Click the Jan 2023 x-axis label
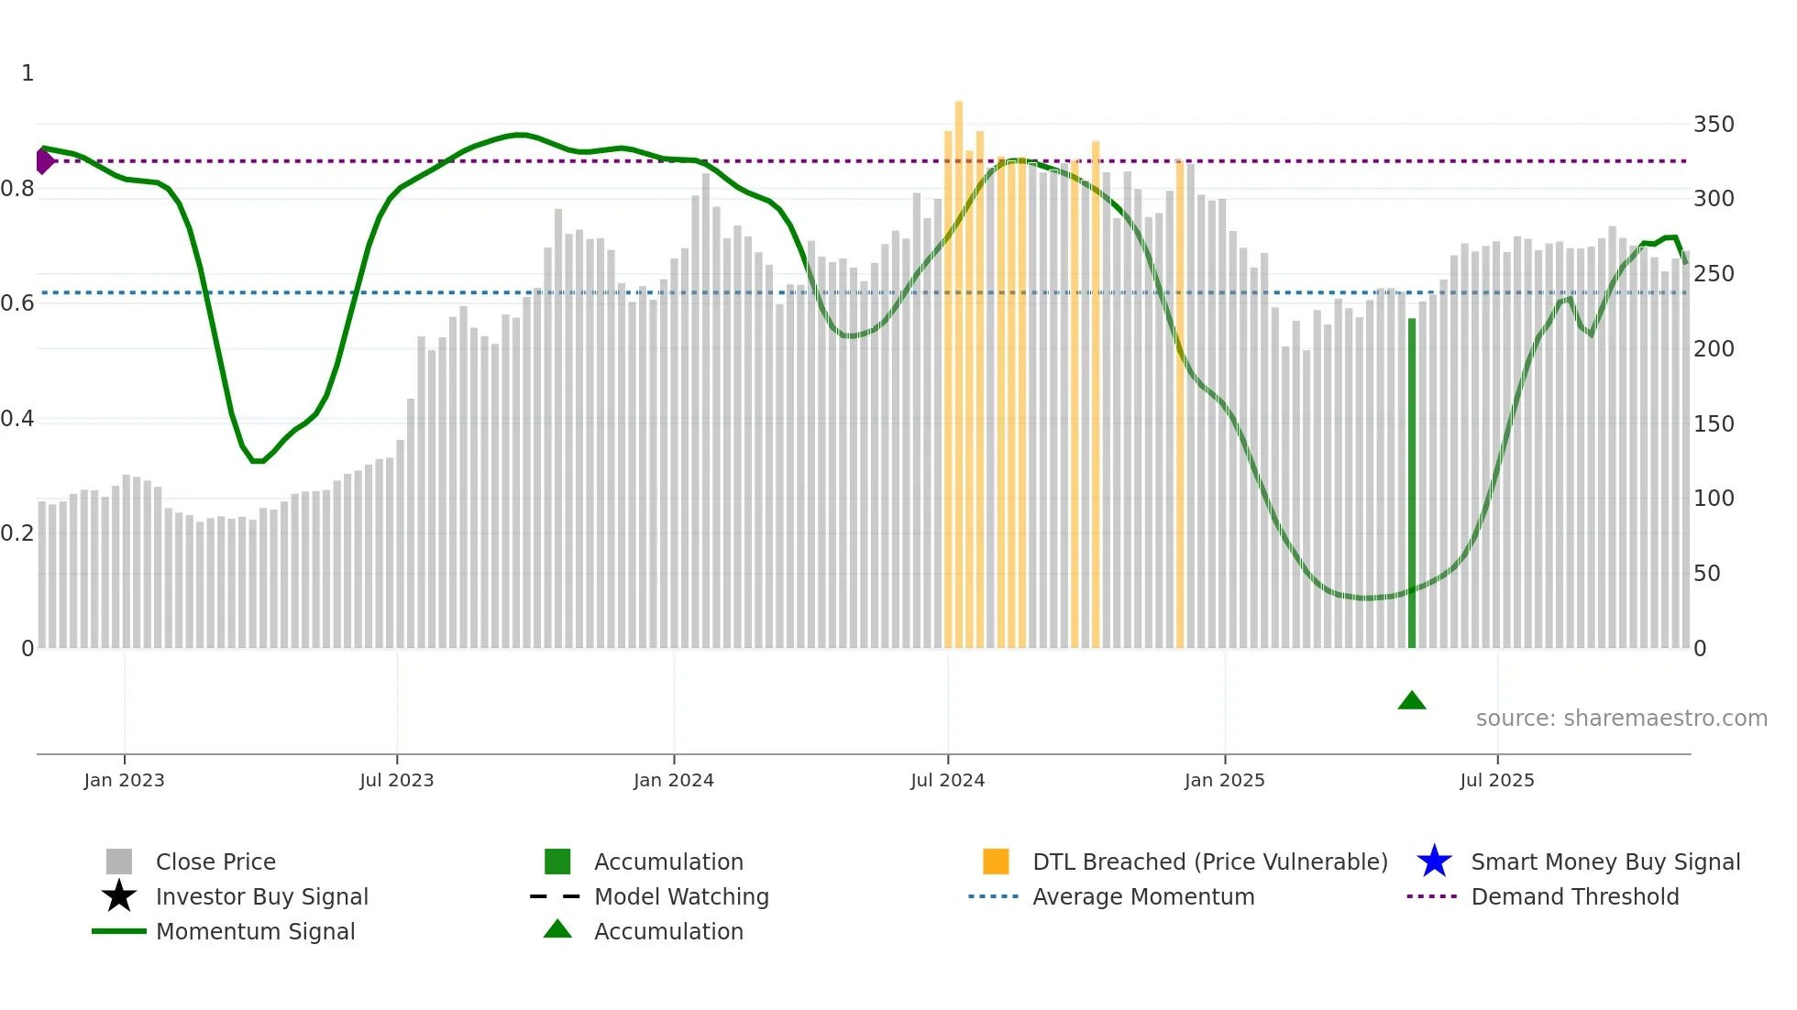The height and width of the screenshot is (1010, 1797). [124, 780]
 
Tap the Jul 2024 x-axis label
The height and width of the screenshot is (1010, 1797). [947, 780]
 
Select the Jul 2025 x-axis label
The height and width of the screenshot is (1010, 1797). [1496, 780]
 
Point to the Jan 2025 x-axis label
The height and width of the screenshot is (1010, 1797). [1224, 780]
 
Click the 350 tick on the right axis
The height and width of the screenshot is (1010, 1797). [1713, 125]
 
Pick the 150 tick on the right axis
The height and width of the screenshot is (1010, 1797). [1713, 424]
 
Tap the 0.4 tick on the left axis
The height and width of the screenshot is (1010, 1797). [17, 419]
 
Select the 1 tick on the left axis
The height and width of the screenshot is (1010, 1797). [28, 73]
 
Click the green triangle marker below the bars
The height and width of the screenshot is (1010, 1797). [1412, 701]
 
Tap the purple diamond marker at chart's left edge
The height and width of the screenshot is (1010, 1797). [44, 160]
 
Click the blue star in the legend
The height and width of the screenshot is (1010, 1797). [1434, 862]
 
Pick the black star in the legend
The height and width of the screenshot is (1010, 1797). [119, 896]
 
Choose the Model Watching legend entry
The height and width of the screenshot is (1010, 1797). [681, 896]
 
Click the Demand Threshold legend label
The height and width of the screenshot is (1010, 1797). [1574, 896]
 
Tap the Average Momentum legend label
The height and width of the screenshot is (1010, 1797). [1143, 896]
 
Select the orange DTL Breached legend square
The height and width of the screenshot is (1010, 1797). [996, 862]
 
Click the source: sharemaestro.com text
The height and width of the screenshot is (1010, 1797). [1621, 719]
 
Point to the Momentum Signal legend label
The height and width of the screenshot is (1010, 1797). [255, 931]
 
